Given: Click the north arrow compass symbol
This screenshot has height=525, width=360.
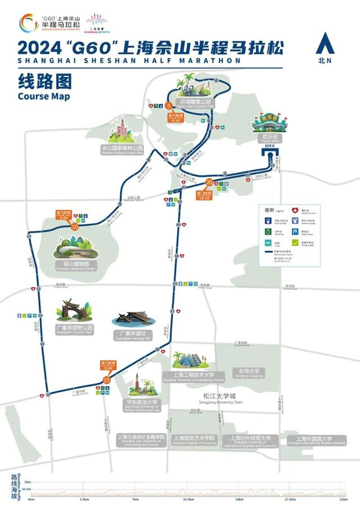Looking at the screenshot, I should (325, 43).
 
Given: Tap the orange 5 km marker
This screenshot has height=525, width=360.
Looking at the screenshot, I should (168, 106).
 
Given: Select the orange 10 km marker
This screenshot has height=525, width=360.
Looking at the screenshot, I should (75, 227).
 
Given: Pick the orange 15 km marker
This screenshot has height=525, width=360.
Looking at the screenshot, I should (107, 381).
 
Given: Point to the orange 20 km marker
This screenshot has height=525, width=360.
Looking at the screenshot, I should (209, 182).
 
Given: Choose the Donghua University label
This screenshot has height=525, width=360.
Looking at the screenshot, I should (248, 372).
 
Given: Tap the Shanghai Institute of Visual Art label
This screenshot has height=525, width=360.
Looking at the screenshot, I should (194, 440).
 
